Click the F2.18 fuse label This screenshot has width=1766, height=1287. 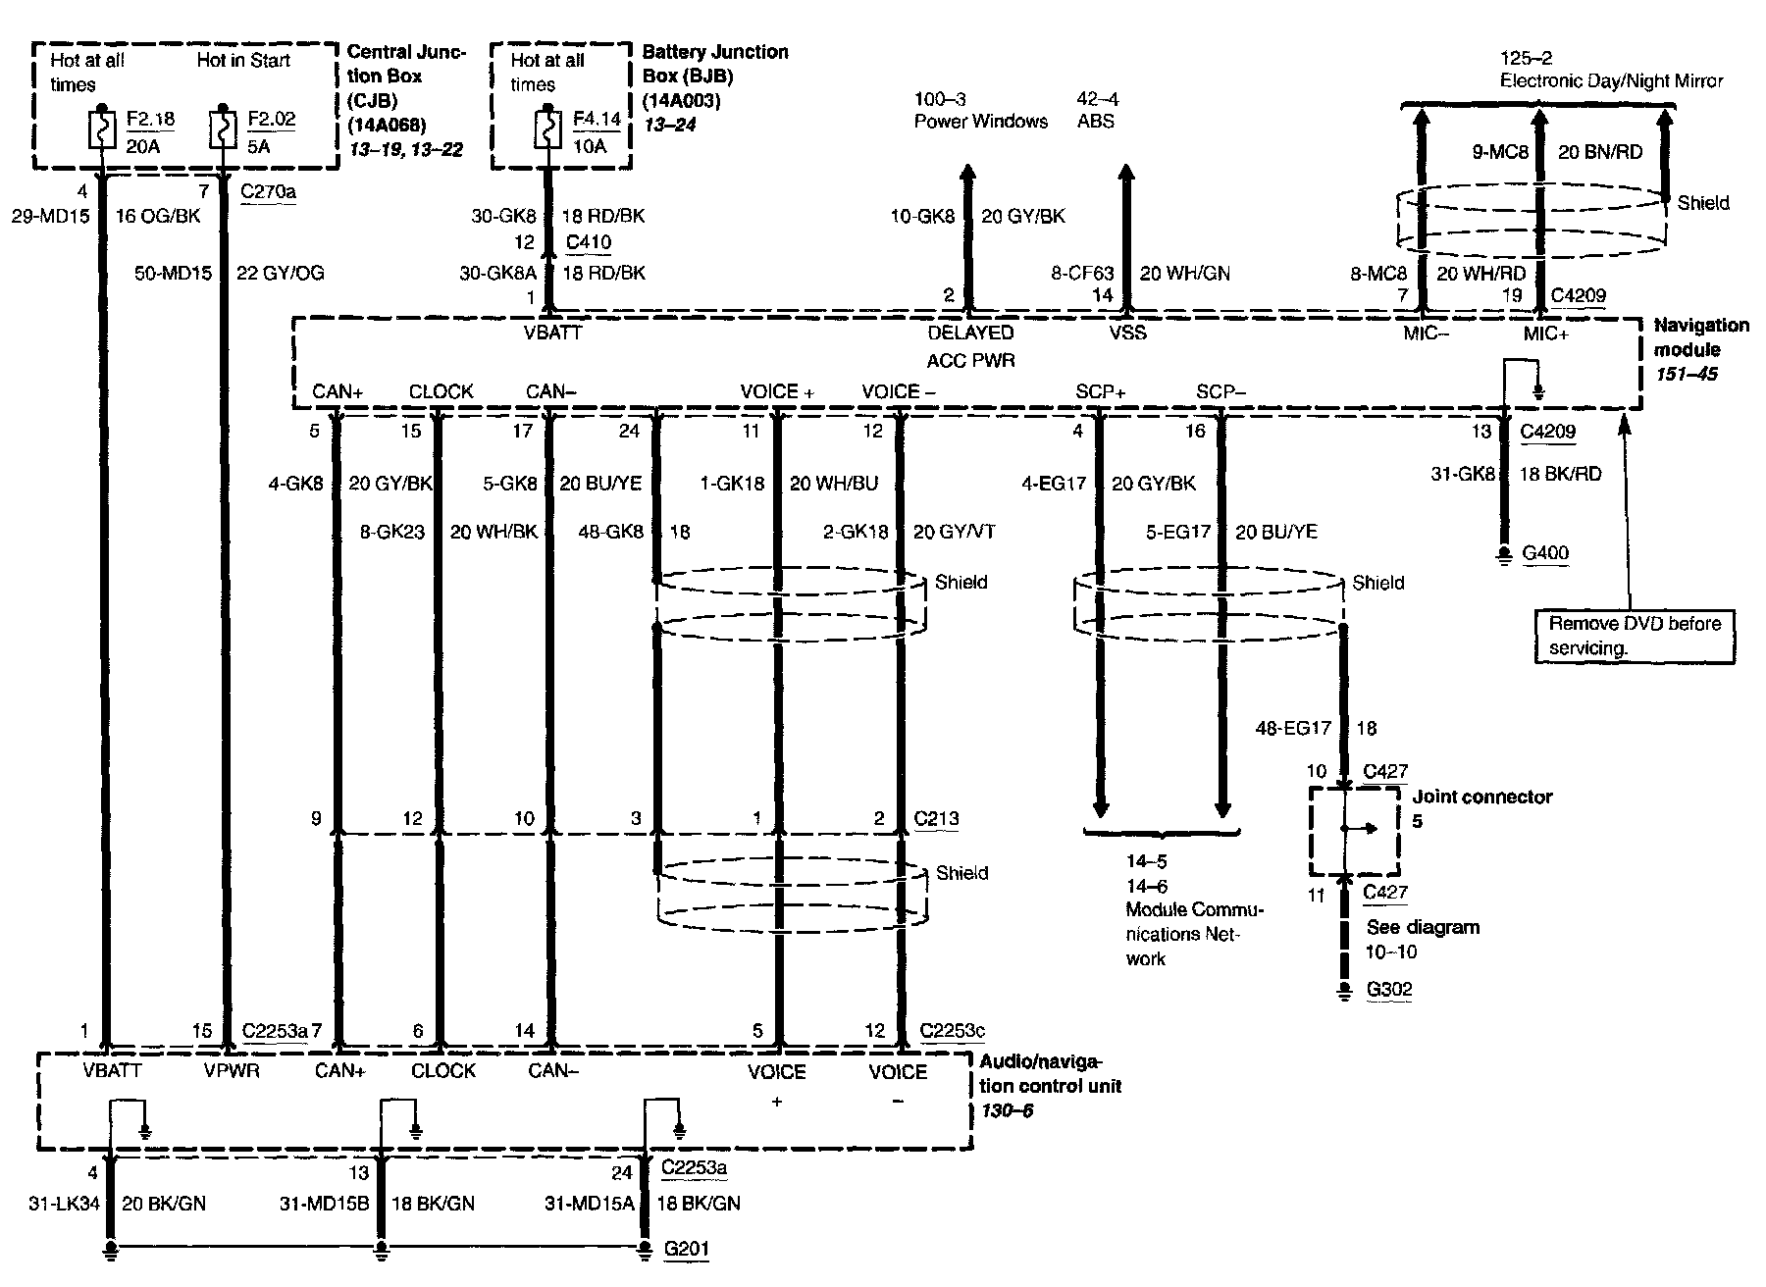[150, 120]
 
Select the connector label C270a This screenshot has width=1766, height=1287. [268, 191]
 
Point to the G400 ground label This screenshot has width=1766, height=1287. [1545, 553]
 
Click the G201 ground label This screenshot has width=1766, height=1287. [686, 1249]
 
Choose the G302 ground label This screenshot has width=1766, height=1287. [1389, 989]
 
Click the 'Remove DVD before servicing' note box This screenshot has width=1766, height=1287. [1634, 636]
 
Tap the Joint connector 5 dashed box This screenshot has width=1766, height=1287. [1354, 829]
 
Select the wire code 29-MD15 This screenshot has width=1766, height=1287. [50, 216]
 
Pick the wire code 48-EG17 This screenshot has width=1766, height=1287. [1293, 728]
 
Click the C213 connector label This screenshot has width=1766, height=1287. [936, 819]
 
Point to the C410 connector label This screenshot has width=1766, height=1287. [588, 242]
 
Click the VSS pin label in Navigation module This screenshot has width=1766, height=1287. [1127, 334]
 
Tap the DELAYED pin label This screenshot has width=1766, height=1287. [970, 334]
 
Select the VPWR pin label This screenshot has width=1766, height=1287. [232, 1071]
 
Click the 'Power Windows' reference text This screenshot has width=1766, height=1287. [980, 122]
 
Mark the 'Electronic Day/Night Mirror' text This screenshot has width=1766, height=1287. [1611, 81]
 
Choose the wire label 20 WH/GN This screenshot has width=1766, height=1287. [1184, 274]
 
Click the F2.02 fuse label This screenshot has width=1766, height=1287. [271, 120]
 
